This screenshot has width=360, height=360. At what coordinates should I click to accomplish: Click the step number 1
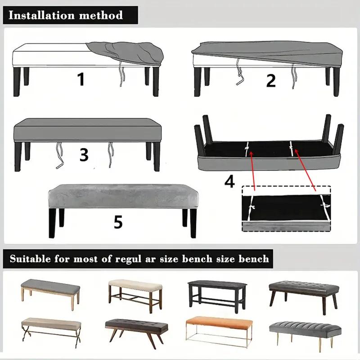[81, 79]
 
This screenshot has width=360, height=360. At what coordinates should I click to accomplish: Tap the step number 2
[270, 80]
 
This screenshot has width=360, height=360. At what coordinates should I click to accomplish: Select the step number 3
[84, 154]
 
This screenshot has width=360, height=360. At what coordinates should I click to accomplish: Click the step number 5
[118, 222]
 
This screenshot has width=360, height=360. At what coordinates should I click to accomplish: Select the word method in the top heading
[103, 15]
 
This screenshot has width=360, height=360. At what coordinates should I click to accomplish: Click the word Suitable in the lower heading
[31, 259]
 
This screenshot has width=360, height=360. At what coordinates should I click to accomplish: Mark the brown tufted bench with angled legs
[136, 327]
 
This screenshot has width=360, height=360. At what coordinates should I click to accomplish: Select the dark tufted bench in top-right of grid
[302, 290]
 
